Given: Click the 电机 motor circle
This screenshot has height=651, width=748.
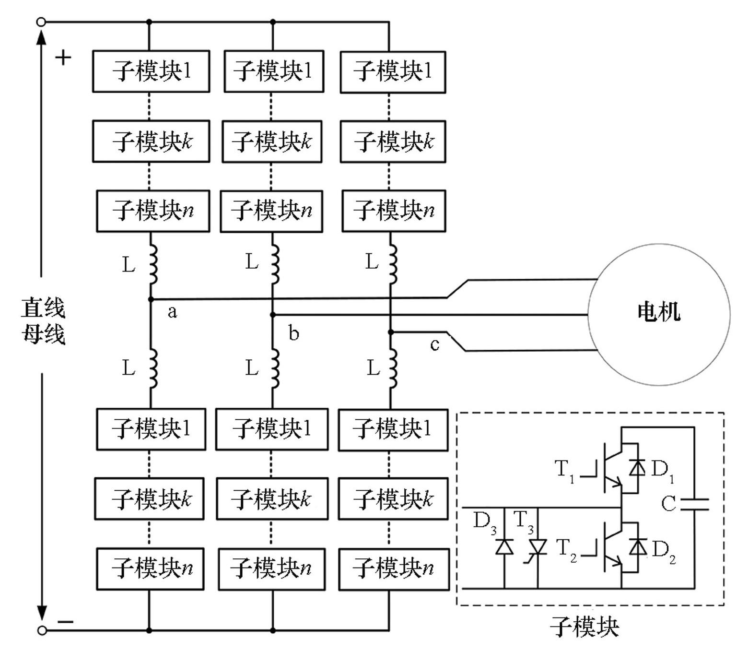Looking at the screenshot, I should [x=659, y=314].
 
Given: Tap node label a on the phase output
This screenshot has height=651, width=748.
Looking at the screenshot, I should [x=172, y=312].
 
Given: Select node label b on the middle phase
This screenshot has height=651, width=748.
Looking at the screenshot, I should [x=294, y=333].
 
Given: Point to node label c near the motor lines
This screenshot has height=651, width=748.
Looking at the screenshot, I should [x=434, y=344].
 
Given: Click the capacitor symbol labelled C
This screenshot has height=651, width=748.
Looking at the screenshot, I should [x=694, y=503].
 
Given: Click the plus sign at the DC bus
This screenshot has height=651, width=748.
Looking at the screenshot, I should [x=63, y=58].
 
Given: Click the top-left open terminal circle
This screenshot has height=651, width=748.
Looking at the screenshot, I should [x=42, y=22].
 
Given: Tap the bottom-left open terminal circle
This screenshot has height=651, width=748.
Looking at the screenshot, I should [x=42, y=630].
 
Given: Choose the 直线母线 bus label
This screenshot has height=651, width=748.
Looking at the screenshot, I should [x=43, y=320].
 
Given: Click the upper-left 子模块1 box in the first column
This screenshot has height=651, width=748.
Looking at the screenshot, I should [x=151, y=71].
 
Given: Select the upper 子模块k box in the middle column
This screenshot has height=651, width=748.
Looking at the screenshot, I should [x=272, y=142].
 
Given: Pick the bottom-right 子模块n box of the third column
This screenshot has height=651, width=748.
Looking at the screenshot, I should [x=394, y=569].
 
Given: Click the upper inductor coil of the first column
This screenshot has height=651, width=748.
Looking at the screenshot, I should [x=153, y=264].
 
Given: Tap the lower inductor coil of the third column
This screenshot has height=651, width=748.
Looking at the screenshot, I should [x=393, y=368].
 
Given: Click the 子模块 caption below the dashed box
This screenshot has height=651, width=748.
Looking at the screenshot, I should [x=584, y=627].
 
